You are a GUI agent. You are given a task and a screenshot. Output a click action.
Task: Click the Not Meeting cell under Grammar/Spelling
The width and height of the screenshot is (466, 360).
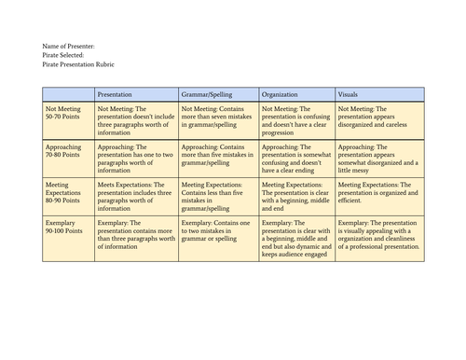click(x=217, y=118)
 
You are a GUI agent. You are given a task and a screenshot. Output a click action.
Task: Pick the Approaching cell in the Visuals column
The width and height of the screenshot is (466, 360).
click(x=377, y=157)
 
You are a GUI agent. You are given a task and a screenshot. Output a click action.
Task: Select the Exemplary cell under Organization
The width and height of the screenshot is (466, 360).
click(x=295, y=239)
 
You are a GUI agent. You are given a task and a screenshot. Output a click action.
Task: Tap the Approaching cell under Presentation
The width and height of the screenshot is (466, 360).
click(x=136, y=157)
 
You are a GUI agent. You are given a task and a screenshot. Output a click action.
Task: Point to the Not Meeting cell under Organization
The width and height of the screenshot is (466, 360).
click(x=295, y=118)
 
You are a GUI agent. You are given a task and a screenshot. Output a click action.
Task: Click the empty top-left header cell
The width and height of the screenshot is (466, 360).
click(x=69, y=95)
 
